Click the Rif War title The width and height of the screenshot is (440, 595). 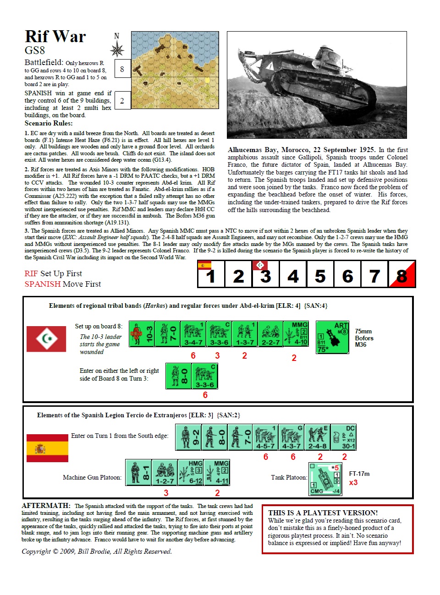coord(55,37)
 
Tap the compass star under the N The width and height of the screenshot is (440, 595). coord(117,49)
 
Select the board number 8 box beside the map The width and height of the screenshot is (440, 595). coord(122,69)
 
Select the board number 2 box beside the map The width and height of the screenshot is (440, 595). coord(122,101)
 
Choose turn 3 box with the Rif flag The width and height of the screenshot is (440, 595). coord(265,275)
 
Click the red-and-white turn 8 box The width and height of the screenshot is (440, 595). coord(402,275)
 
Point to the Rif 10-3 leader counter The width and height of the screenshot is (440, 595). coord(142,334)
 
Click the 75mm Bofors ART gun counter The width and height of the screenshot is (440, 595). coord(332,337)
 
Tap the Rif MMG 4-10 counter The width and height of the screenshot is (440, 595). coord(297,333)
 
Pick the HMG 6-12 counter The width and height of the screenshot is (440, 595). coord(190,473)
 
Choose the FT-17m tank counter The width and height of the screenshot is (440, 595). coord(325,479)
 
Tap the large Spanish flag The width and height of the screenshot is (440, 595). coord(47,448)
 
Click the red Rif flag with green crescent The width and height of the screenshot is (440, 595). coord(46,339)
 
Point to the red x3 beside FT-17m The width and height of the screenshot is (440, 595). coord(353,482)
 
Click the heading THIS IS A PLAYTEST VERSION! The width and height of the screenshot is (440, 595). coord(323,513)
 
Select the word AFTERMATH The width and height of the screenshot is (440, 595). coord(46,506)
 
